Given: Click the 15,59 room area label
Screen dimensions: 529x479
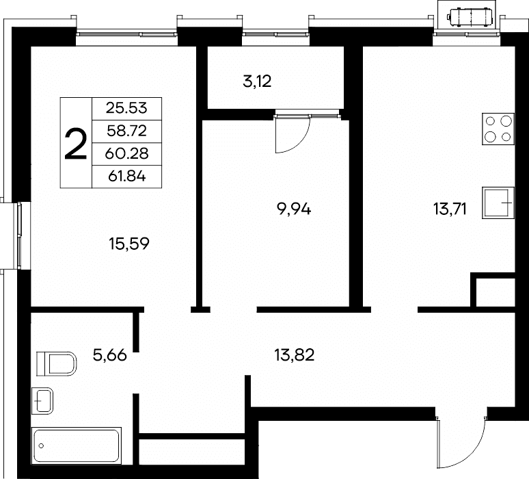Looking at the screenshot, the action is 129,244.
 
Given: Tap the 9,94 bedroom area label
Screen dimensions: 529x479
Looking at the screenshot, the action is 293,209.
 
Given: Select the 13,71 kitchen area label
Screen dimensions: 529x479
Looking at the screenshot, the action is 450,209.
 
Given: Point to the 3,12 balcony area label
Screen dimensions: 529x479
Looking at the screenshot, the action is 257,81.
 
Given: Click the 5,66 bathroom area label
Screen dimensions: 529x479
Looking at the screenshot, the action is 109,355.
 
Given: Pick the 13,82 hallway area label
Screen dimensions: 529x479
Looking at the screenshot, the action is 294,354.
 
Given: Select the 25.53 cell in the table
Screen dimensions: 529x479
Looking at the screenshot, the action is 126,108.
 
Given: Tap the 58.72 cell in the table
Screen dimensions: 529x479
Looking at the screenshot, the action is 126,131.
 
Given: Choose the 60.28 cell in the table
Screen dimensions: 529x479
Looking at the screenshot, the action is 126,154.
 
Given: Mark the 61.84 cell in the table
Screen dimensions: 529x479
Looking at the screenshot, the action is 126,177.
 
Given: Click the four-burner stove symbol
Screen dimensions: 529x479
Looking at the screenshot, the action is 498,129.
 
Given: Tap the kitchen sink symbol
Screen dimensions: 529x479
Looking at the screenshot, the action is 498,203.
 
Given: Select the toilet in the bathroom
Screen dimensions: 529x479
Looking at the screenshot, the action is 56,364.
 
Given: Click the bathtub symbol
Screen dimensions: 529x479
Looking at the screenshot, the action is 77,445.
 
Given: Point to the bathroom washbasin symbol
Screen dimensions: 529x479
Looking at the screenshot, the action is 42,401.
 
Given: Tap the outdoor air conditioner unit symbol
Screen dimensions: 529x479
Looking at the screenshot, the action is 470,16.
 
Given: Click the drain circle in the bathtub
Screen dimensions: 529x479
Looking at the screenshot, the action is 41,446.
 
